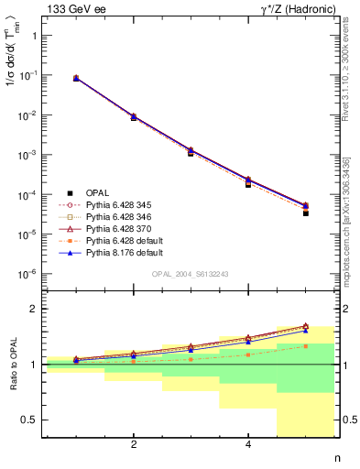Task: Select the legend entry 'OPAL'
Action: tap(97, 193)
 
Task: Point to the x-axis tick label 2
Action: tap(134, 446)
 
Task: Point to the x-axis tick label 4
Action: tap(248, 446)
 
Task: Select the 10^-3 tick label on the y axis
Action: tap(29, 155)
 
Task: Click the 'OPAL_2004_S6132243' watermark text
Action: tap(191, 274)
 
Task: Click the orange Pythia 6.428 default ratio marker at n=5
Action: tap(306, 345)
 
